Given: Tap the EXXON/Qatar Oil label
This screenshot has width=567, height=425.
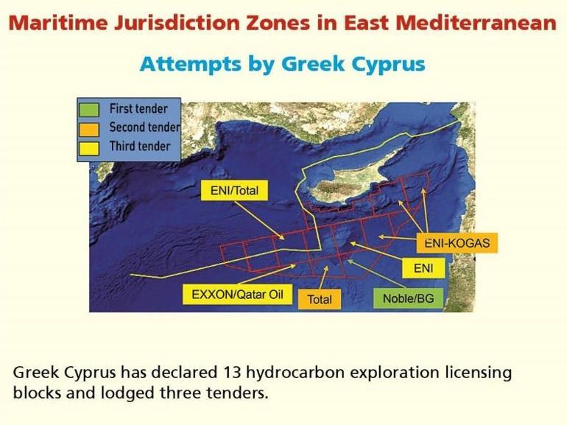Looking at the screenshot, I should [237, 295].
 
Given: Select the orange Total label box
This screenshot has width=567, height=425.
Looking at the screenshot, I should [319, 299].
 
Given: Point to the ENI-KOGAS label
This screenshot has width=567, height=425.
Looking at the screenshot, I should [457, 242].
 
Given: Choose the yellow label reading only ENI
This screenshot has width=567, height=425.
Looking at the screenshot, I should [423, 268].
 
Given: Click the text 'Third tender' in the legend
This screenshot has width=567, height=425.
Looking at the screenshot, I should [139, 146].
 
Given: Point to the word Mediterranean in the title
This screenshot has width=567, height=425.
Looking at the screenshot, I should [476, 23].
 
